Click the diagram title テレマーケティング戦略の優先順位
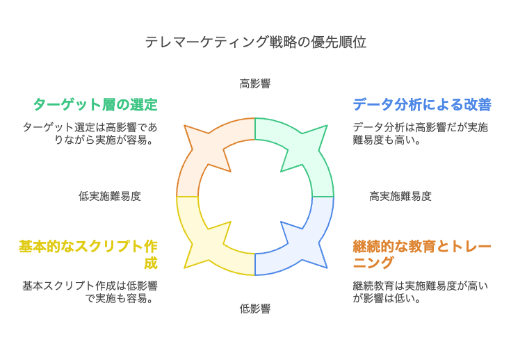[255, 42]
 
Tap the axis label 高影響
[255, 84]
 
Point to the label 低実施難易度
[110, 196]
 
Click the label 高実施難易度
[400, 196]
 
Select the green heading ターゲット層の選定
[95, 105]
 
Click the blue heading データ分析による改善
[422, 105]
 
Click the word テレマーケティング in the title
[206, 42]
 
